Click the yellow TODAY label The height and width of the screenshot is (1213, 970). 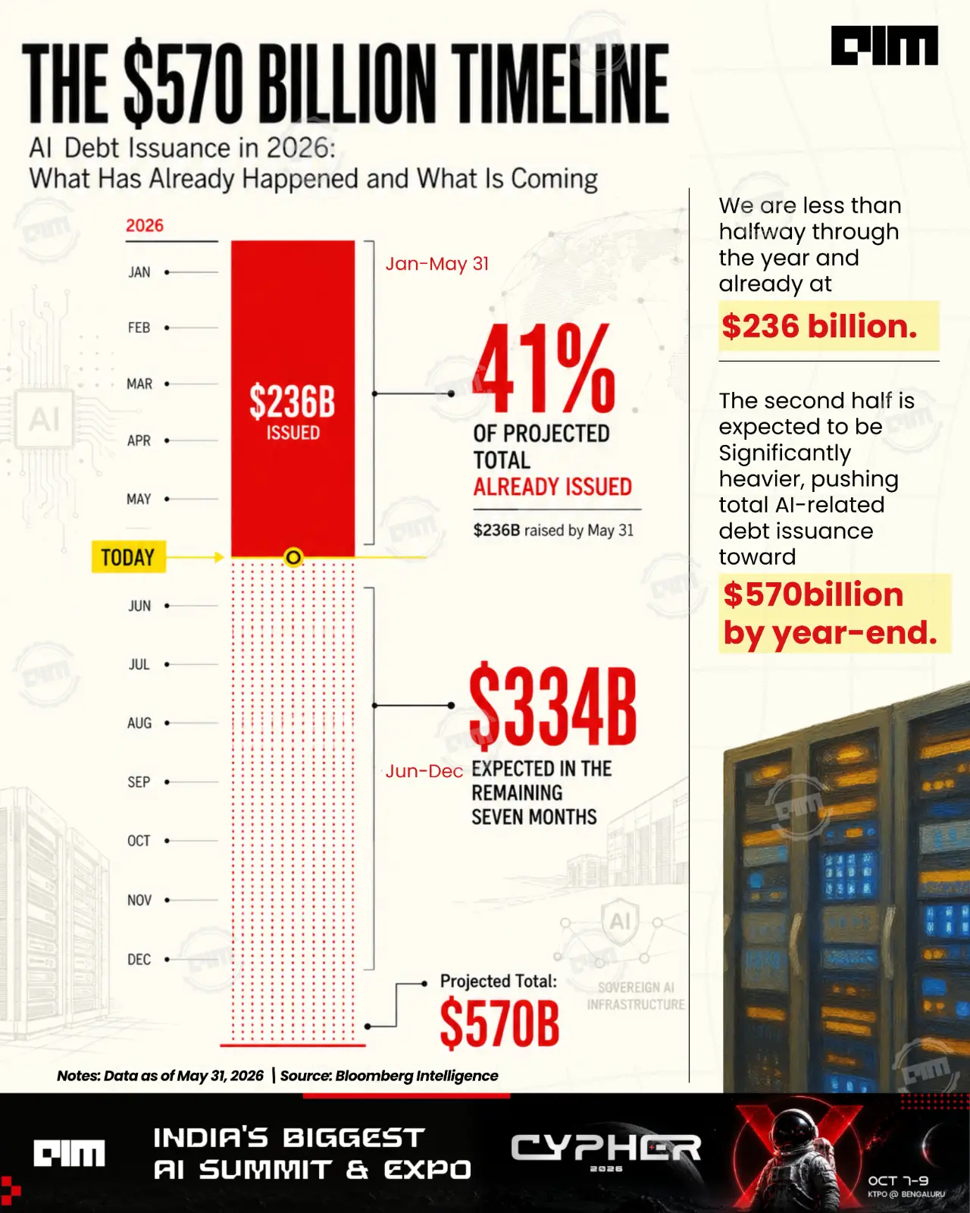coord(129,557)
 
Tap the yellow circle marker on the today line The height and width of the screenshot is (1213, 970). coord(293,557)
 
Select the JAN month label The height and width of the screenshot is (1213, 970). coord(139,272)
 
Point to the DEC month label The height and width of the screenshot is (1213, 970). coord(139,959)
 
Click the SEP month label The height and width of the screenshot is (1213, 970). coord(139,782)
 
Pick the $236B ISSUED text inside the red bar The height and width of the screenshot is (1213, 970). coord(293,412)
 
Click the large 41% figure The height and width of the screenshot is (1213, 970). coord(544,368)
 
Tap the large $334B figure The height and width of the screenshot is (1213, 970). coord(553,707)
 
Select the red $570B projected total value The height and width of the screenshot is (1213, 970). coord(499,1023)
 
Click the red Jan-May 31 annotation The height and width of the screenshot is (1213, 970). coord(436,264)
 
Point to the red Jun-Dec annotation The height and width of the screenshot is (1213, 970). coord(424,771)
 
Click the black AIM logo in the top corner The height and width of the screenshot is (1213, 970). coord(884,45)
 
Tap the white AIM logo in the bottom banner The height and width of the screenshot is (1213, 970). coord(69,1152)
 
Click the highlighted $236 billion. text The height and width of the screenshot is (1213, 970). coord(819,326)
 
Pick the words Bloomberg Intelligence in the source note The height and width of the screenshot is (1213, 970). coord(417,1076)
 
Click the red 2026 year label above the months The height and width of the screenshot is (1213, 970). coord(144,225)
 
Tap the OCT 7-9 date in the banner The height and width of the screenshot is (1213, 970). coord(899,1180)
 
